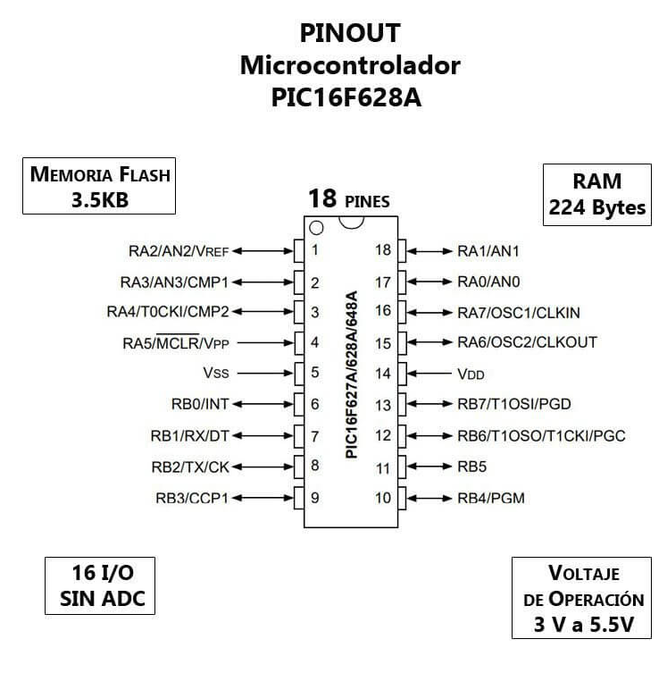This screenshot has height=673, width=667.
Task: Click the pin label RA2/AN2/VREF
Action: (179, 251)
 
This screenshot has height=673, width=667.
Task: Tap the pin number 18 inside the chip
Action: (383, 249)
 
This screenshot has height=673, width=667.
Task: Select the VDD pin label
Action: (471, 374)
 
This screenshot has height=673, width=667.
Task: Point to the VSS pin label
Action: (216, 373)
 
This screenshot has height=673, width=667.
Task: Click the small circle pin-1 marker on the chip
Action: (316, 228)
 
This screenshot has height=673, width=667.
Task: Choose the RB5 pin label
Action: (472, 467)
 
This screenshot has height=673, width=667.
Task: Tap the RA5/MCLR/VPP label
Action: (176, 343)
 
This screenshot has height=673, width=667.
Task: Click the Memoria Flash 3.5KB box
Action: (99, 186)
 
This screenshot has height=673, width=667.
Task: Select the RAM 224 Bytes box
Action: (597, 195)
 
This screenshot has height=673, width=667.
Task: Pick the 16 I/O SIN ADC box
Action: (100, 586)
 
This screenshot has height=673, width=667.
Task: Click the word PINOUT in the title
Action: (350, 33)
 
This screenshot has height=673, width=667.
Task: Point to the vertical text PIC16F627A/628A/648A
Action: (351, 374)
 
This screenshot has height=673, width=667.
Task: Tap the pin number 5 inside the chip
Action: (315, 372)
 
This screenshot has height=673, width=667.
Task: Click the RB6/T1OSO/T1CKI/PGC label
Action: (541, 436)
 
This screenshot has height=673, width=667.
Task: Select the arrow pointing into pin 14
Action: (429, 374)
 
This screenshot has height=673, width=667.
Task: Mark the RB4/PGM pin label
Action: (491, 498)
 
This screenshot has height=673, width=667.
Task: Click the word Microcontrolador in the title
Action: (350, 65)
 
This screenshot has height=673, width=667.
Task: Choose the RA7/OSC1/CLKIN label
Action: (519, 313)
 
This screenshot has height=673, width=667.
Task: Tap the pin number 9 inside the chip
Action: (315, 498)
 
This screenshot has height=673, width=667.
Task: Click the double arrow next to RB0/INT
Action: (263, 404)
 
